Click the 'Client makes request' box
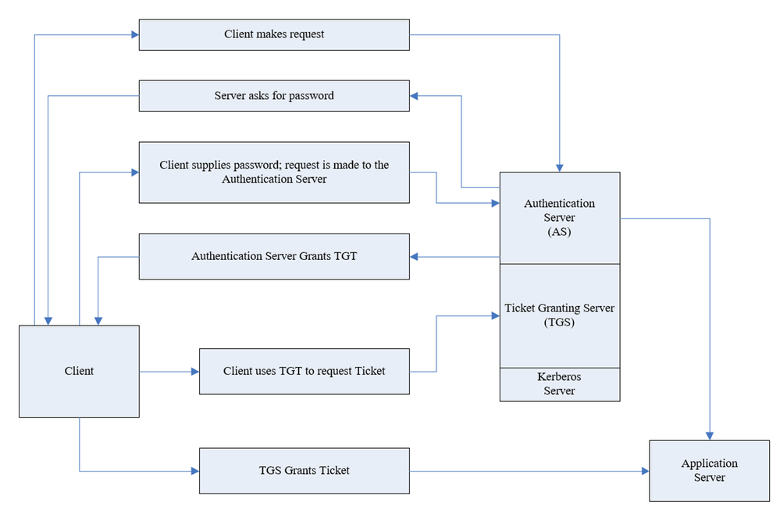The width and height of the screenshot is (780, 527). coord(274,35)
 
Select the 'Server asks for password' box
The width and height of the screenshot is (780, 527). coord(274,95)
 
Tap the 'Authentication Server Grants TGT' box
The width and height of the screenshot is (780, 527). coord(274,256)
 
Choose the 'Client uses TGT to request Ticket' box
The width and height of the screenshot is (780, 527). coord(305,371)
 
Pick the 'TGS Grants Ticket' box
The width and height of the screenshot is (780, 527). coord(305,471)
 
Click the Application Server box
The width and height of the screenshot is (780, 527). coord(710,471)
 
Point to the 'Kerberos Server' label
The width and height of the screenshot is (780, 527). coord(559,383)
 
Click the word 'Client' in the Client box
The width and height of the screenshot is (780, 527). coord(79,371)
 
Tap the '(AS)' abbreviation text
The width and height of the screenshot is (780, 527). coord(559,232)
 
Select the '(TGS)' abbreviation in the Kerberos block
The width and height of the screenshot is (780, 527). coord(559,322)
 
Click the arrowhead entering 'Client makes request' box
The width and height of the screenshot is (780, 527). coord(135,35)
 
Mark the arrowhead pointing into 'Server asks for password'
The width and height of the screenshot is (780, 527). coord(414,95)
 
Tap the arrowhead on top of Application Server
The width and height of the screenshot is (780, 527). coord(710,436)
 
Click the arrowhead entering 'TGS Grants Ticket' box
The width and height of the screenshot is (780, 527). coord(195,471)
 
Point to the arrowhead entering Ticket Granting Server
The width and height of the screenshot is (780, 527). coord(496,315)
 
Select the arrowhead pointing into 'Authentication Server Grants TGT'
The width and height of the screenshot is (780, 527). coord(414,257)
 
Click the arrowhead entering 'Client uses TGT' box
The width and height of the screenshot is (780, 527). coord(195,371)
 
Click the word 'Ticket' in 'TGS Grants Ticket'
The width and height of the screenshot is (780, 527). coord(334,470)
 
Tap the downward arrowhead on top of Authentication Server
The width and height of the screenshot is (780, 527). coord(560,168)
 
